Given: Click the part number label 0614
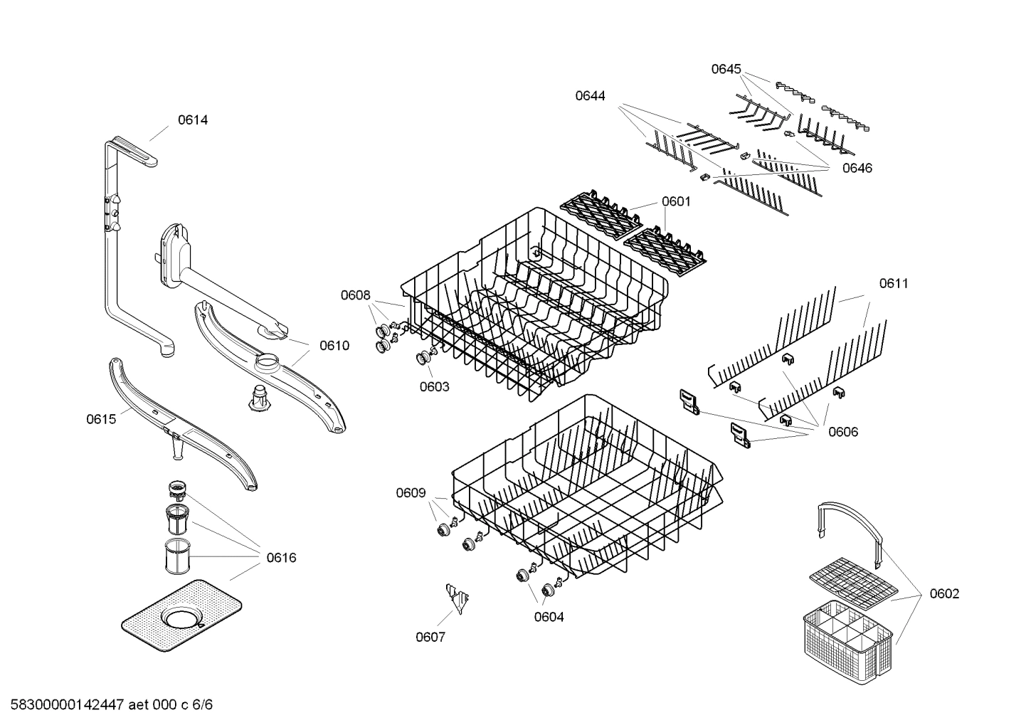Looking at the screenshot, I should (193, 120).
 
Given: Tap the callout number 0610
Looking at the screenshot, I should (334, 346).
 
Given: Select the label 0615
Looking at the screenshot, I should (101, 419).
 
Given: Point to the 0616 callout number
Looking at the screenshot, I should (281, 558).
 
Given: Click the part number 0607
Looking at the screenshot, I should (430, 637).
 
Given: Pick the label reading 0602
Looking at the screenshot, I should (944, 594).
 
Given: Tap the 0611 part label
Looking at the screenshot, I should (894, 284).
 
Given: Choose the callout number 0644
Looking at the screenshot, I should (591, 95).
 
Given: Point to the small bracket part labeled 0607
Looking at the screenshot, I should (455, 599).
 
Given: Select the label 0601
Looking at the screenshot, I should (676, 201).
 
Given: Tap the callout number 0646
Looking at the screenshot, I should (857, 168).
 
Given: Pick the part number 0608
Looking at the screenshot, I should (355, 295).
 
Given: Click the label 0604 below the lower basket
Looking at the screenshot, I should (549, 617).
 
